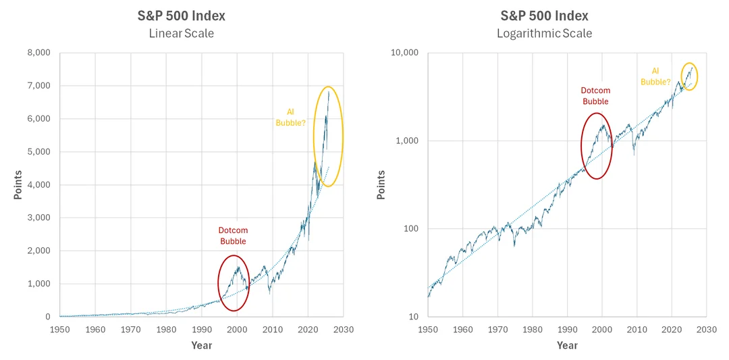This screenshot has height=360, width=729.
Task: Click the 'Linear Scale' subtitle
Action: point(181,33)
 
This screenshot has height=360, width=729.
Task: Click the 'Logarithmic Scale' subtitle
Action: point(545,33)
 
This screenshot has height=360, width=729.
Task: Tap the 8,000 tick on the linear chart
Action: point(39,53)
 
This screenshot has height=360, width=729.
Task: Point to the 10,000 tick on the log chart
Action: point(404,53)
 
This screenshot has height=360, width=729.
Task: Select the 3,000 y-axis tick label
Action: point(39,218)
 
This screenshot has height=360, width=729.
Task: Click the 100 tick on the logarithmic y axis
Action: point(410,229)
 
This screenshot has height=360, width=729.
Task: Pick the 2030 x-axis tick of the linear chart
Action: point(343,330)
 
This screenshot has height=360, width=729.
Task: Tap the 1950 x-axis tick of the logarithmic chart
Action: point(428,330)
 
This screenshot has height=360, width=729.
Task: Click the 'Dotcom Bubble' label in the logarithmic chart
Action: point(595,96)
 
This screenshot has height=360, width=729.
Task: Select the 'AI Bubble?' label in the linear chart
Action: point(290,117)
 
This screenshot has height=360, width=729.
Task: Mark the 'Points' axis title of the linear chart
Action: point(18,184)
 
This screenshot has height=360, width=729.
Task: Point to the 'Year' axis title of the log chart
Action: point(567,345)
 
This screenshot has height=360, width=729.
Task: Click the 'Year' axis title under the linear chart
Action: point(201,345)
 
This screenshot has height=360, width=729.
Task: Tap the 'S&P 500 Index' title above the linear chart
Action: point(181,16)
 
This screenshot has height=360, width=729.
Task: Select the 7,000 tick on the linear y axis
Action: point(39,86)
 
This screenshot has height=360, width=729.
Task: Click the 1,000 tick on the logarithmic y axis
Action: point(407,141)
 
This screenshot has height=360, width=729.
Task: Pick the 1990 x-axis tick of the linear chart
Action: point(201,330)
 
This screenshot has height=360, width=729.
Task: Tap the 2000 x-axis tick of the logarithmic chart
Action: point(602,330)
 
